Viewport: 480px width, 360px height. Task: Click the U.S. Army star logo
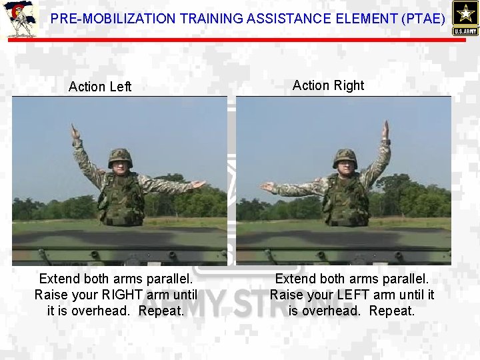point(465,17)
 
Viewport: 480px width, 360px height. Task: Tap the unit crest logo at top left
point(19,19)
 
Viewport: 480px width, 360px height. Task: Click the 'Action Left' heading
point(100,87)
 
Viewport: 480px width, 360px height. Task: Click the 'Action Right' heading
point(328,85)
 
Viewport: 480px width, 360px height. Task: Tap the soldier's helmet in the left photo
point(120,157)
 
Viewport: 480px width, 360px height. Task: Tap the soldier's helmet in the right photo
point(345,157)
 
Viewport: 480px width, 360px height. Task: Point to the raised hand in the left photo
point(75,131)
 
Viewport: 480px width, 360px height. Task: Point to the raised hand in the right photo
point(385,129)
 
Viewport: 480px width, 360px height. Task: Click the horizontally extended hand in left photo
point(198,185)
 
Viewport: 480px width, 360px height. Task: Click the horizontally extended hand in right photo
point(267,187)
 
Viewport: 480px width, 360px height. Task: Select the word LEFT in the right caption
point(364,295)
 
